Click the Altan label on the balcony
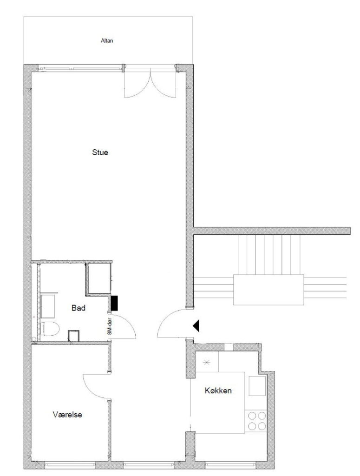107,41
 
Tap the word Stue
100,152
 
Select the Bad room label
78,308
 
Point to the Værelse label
67,415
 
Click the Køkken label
218,390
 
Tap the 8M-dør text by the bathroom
110,326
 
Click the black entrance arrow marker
196,326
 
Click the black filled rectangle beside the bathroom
114,303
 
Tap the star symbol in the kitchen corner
207,362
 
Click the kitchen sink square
257,386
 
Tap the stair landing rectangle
268,290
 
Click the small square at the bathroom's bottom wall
74,336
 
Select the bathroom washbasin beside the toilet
48,306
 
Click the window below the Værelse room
70,464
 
